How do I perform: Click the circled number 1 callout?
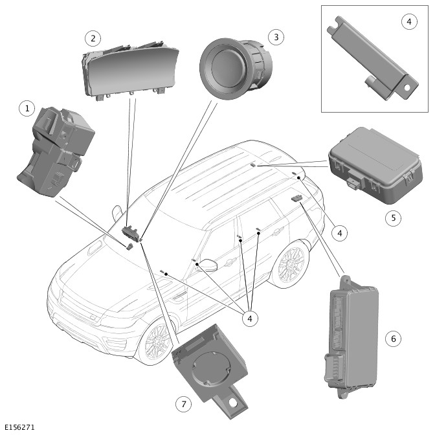click(27, 108)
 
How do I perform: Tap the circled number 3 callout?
click(276, 37)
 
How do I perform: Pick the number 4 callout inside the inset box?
click(408, 22)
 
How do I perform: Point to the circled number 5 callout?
click(393, 217)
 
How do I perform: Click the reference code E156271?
click(19, 428)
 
